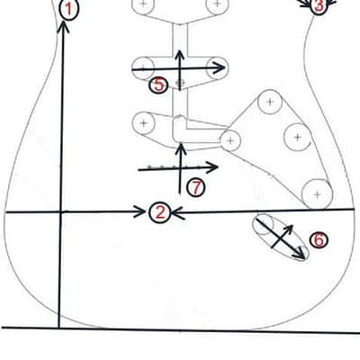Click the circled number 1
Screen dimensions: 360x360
point(69,9)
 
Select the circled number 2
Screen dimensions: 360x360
point(160,212)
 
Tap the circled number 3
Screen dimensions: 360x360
point(318,5)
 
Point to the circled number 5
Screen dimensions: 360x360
point(158,85)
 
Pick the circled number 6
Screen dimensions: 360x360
point(319,239)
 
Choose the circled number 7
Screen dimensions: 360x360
point(196,188)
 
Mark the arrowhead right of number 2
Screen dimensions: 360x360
point(179,213)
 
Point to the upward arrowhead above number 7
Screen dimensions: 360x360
point(181,149)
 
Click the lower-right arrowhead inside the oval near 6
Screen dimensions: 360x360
point(300,254)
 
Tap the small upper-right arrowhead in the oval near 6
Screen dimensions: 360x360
point(288,229)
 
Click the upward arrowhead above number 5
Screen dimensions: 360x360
point(179,56)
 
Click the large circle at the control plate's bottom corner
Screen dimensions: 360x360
point(317,194)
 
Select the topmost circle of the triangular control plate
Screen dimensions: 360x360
point(270,102)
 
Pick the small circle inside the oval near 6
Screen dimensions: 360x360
point(264,224)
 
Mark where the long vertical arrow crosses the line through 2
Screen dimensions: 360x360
point(61,212)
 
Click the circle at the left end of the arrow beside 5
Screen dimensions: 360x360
point(143,67)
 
